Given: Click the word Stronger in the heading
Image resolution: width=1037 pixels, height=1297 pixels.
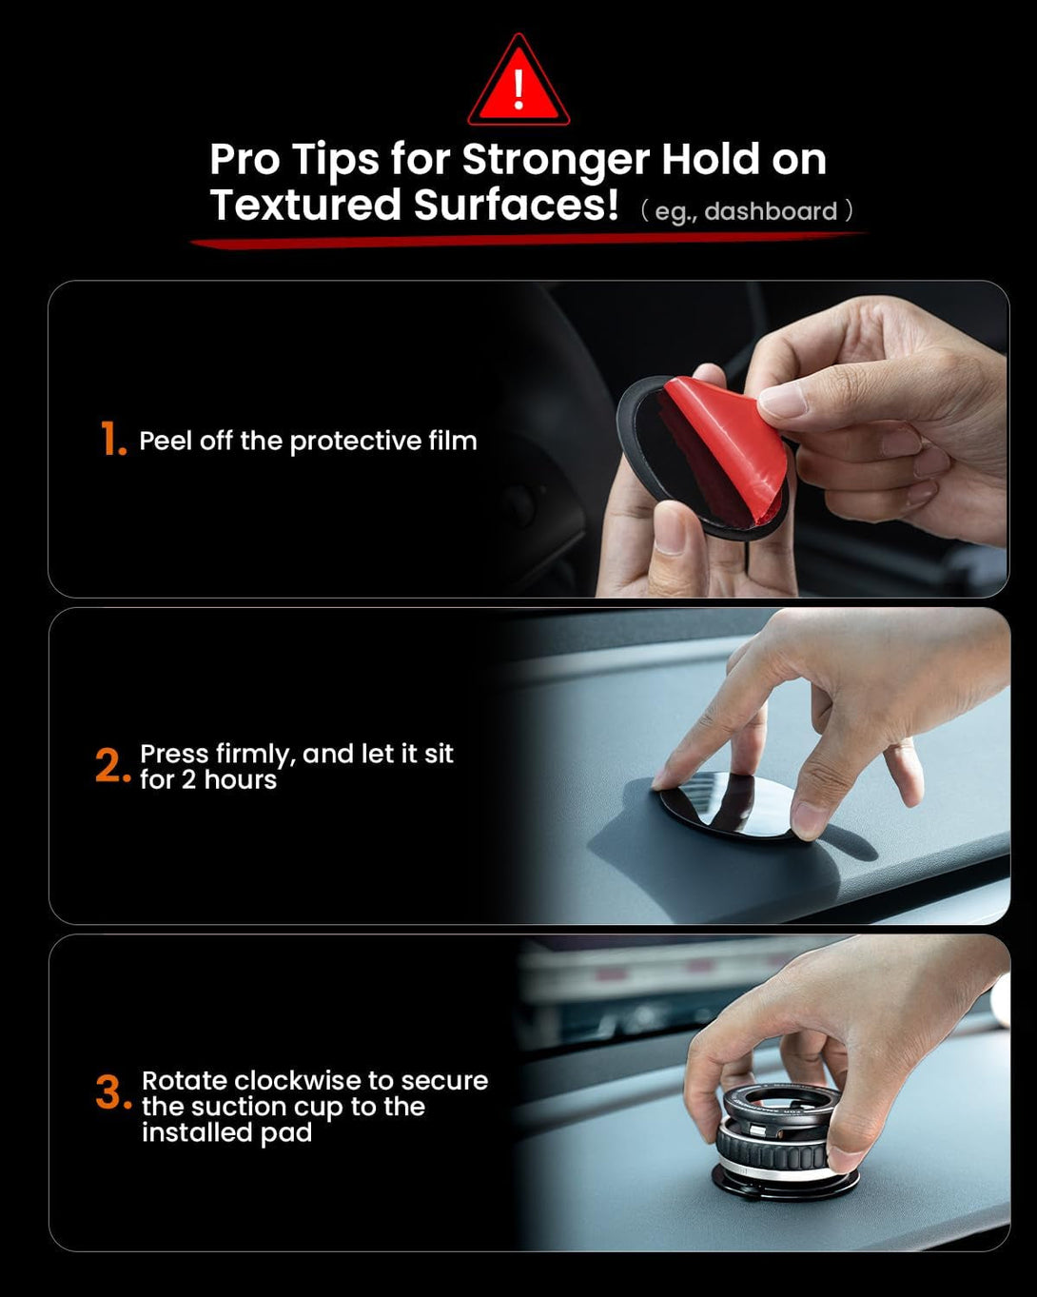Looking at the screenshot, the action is click(x=556, y=161).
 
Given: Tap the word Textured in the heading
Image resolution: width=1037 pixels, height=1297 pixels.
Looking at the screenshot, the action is click(x=305, y=205).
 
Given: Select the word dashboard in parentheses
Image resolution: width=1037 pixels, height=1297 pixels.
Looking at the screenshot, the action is click(x=771, y=211).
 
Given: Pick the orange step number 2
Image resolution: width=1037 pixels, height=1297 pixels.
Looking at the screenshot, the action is click(x=112, y=766).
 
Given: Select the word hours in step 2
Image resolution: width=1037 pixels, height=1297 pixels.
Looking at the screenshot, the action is click(x=241, y=780).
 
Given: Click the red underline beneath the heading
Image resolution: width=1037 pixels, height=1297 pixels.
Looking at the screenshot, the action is click(x=529, y=240).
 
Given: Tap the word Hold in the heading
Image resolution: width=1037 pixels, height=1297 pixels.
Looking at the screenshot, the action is click(x=711, y=160).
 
